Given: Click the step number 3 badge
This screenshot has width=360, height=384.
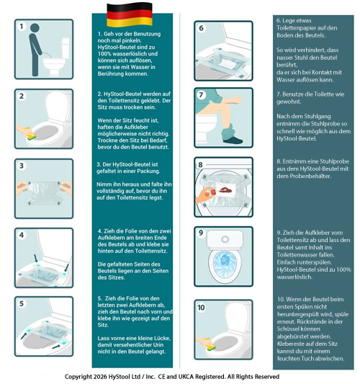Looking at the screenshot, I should pyautogui.click(x=22, y=166).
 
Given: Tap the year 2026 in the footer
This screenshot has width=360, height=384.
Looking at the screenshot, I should pyautogui.click(x=109, y=377).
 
